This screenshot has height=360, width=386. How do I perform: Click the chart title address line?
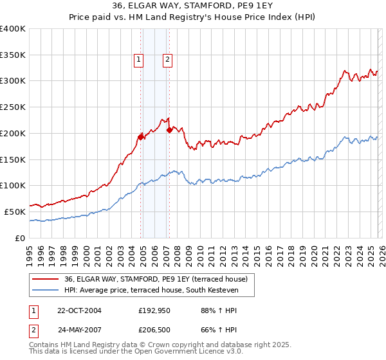tap(192, 6)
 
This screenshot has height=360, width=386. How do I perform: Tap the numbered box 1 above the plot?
tap(138, 60)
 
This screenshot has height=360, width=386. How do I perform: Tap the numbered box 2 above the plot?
tap(167, 60)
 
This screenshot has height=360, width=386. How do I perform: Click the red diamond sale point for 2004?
tap(140, 136)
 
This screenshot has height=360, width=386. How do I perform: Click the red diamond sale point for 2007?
tap(169, 130)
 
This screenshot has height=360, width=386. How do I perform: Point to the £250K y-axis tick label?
tap(13, 107)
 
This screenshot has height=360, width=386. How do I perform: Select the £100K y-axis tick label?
tap(13, 186)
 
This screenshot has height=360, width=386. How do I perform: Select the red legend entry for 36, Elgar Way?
tap(151, 278)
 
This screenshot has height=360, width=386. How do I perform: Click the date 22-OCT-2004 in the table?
tap(79, 310)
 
